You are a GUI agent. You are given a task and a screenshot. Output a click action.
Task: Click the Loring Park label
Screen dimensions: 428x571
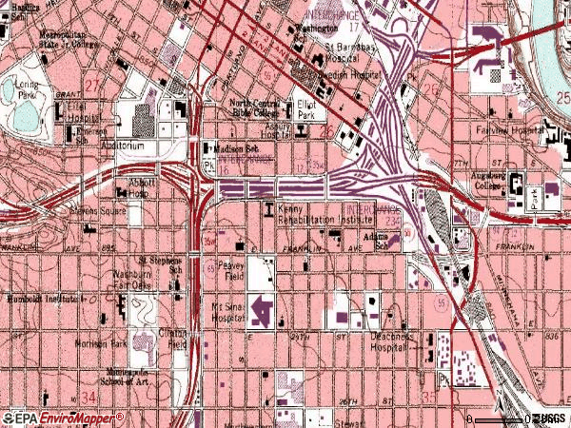click(28, 88)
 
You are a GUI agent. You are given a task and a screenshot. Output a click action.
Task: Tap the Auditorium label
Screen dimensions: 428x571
click(125, 146)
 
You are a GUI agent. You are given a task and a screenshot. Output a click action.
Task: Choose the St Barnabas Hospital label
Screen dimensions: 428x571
click(353, 51)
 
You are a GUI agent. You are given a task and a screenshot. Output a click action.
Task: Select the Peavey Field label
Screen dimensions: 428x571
click(230, 271)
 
